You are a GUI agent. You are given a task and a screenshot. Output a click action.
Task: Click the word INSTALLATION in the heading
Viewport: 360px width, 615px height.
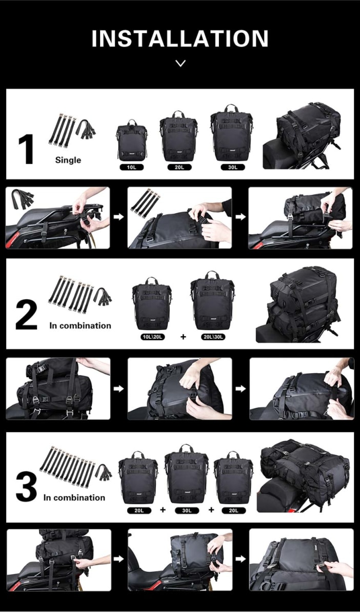point(179,39)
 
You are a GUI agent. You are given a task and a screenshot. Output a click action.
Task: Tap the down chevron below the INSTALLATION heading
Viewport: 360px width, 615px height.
point(180,64)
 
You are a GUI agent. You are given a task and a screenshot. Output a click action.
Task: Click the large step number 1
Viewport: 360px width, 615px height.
point(26,150)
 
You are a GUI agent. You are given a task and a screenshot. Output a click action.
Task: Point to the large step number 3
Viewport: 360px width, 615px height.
point(26,488)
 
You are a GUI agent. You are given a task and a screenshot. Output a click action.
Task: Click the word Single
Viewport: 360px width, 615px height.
point(68,160)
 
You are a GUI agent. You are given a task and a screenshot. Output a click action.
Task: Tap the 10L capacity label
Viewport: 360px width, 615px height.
point(131,167)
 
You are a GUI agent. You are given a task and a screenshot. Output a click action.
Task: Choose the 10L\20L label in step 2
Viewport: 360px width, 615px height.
point(151,337)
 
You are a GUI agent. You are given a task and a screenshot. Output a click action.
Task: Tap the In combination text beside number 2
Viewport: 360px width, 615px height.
point(80,325)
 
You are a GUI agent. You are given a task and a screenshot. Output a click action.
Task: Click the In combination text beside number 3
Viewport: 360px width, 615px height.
point(74,497)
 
